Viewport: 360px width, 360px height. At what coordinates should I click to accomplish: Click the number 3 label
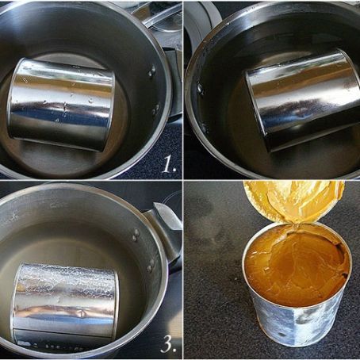coord(169,344)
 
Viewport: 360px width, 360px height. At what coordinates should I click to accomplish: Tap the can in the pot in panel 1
coord(61,105)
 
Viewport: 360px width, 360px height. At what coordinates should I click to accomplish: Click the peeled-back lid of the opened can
coord(294,201)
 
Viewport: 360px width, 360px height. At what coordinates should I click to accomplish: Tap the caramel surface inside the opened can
coord(296,267)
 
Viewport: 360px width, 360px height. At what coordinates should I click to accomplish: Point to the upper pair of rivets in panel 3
coord(136,236)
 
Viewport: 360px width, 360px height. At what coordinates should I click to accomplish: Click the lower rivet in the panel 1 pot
coord(156,108)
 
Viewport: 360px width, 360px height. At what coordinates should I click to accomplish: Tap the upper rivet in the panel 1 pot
coord(152,71)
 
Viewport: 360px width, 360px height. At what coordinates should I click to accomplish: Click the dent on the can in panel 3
coord(81,314)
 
